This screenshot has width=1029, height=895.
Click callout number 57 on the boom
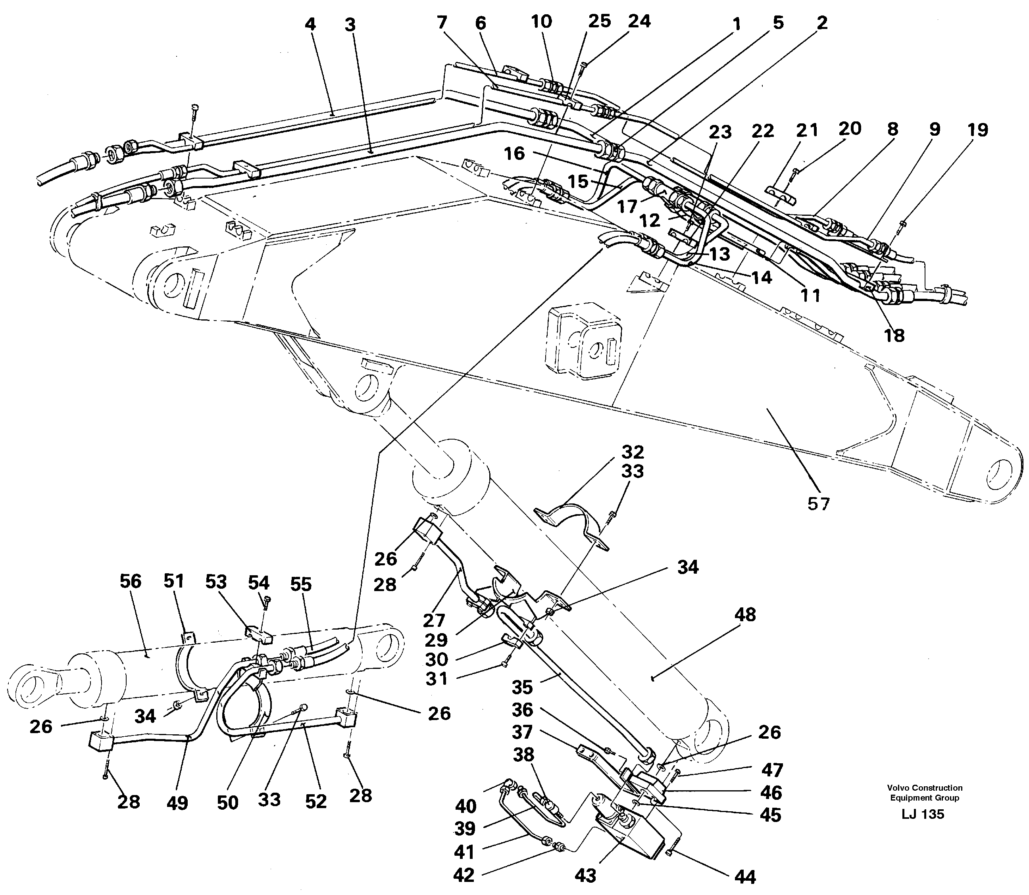click(818, 504)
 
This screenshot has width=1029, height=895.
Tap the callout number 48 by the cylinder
click(745, 615)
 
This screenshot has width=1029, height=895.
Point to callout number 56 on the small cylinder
click(131, 581)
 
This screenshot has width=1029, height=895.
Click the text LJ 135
click(923, 828)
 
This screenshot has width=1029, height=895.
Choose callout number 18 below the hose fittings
click(894, 335)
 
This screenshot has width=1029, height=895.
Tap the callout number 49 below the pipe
click(177, 803)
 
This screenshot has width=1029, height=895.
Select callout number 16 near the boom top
click(514, 153)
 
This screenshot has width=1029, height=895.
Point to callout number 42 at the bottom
click(464, 874)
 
